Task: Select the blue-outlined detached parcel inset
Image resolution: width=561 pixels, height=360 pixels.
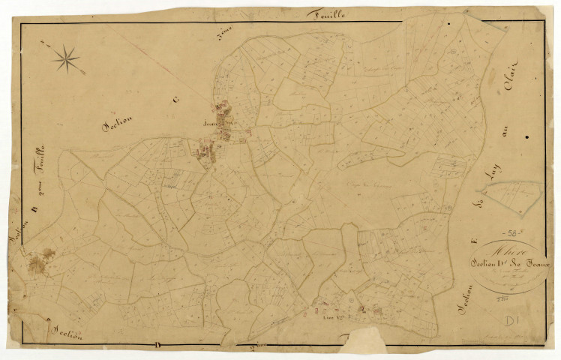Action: click(512, 196)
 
